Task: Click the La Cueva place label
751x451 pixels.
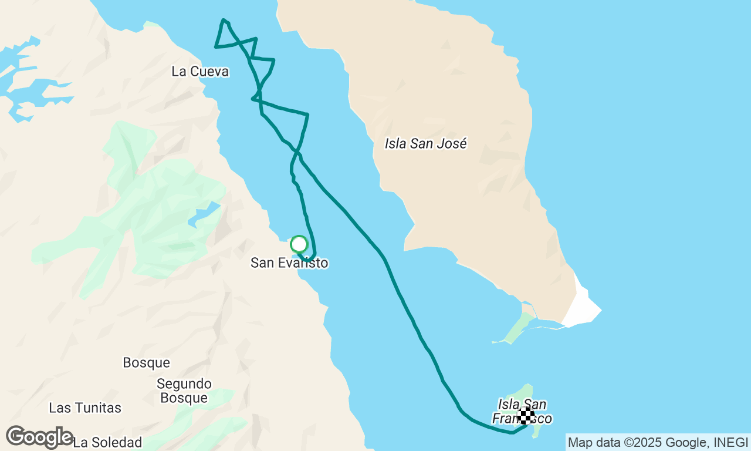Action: point(199,72)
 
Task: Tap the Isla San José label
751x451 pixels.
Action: point(425,143)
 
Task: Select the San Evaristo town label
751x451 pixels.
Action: point(289,262)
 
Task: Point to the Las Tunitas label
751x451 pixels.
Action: point(85,408)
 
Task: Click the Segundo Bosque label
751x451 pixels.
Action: point(184,391)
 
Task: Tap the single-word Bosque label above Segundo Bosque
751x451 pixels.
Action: point(146,363)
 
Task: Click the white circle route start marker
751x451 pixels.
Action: point(299,244)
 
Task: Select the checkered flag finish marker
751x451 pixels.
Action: point(526,416)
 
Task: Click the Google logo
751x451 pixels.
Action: point(39,437)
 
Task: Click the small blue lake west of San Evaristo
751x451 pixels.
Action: point(203,215)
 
